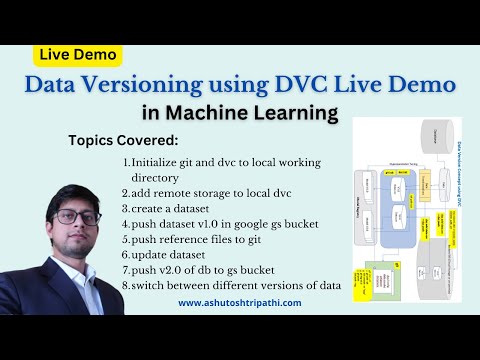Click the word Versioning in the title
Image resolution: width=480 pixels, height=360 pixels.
tap(153, 86)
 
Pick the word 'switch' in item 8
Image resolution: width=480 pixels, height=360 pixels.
tap(150, 286)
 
